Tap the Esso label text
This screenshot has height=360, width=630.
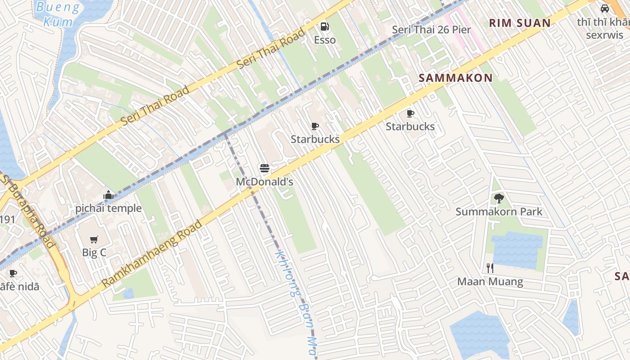(324, 40)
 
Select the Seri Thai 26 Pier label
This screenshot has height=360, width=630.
(431, 30)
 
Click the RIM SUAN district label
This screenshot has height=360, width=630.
(520, 23)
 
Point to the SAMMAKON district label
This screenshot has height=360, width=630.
(455, 78)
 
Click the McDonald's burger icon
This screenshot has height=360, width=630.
(265, 169)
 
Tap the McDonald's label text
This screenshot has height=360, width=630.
(265, 182)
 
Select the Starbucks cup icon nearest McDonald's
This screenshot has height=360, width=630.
(315, 126)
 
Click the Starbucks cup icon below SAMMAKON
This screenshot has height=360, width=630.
(410, 113)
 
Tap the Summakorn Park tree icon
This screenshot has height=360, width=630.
(499, 198)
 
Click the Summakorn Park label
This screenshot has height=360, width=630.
(499, 211)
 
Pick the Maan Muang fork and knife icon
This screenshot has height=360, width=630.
(490, 268)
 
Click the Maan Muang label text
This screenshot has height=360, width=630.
(490, 282)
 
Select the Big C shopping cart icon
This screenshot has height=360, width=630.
(94, 239)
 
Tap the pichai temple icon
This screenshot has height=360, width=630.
(108, 195)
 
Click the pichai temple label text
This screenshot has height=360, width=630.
(108, 208)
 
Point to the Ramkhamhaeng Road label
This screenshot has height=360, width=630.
(152, 254)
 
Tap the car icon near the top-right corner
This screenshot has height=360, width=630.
(605, 8)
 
